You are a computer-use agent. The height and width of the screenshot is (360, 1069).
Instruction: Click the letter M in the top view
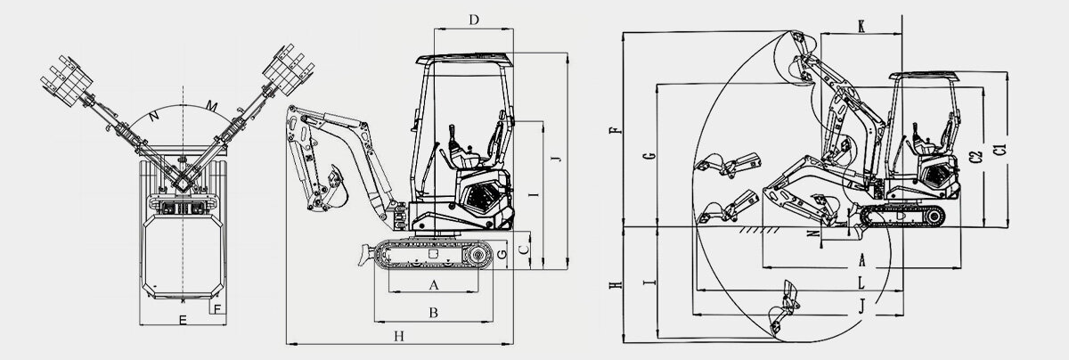212,107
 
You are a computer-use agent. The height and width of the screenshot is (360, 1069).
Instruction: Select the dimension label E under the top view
182,319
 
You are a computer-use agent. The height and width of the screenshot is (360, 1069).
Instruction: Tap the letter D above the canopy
474,19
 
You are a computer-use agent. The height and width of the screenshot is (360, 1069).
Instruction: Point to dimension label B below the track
434,313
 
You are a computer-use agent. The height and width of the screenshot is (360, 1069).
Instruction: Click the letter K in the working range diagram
861,25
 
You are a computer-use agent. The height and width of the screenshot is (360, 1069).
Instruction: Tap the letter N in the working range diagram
812,234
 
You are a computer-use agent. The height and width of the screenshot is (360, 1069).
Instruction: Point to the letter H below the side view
400,336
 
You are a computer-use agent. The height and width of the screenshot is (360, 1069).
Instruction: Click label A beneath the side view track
434,285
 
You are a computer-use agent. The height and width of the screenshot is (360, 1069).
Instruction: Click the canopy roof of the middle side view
464,61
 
